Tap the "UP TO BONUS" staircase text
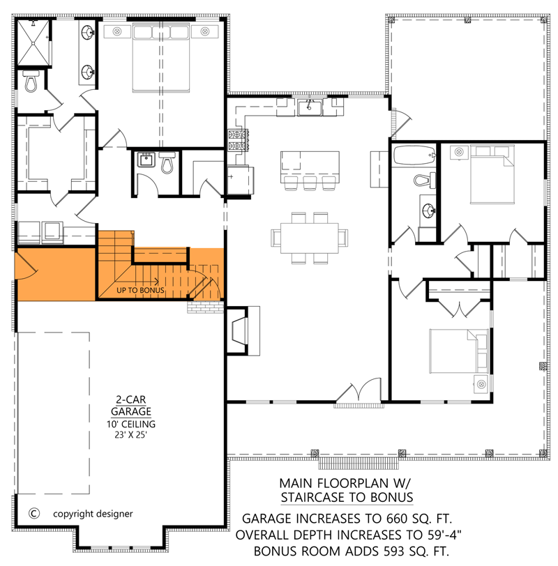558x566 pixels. click(140, 290)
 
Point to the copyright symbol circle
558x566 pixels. click(33, 514)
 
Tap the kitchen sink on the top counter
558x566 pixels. click(309, 107)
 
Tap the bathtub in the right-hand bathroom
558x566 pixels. click(412, 155)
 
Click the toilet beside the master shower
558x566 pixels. click(31, 83)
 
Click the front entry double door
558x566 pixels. click(359, 395)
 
